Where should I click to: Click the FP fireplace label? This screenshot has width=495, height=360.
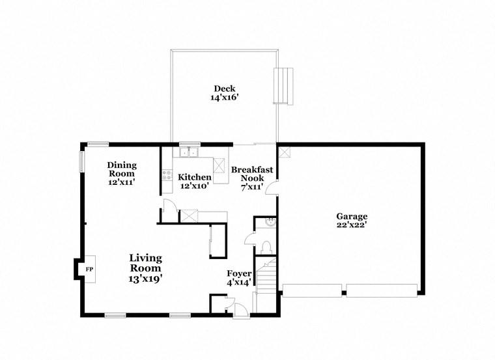[x=89, y=269]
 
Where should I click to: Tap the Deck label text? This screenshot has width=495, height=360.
[x=224, y=89]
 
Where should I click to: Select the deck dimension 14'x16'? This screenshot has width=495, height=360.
[x=224, y=98]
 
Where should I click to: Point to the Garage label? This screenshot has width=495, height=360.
[x=352, y=217]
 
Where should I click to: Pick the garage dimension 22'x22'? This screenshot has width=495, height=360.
[x=352, y=225]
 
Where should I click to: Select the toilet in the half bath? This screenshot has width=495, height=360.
[x=265, y=246]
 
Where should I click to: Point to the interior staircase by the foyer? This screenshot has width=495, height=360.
[x=266, y=273]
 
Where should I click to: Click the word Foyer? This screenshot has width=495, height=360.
[x=239, y=273]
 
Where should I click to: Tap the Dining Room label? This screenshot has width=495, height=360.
[x=121, y=169]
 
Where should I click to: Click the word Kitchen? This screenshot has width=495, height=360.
[x=195, y=177]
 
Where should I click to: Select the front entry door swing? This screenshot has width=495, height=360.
[x=241, y=311]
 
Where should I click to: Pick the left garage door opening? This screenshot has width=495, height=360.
[x=312, y=290]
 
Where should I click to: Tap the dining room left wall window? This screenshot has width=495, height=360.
[x=82, y=161]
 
